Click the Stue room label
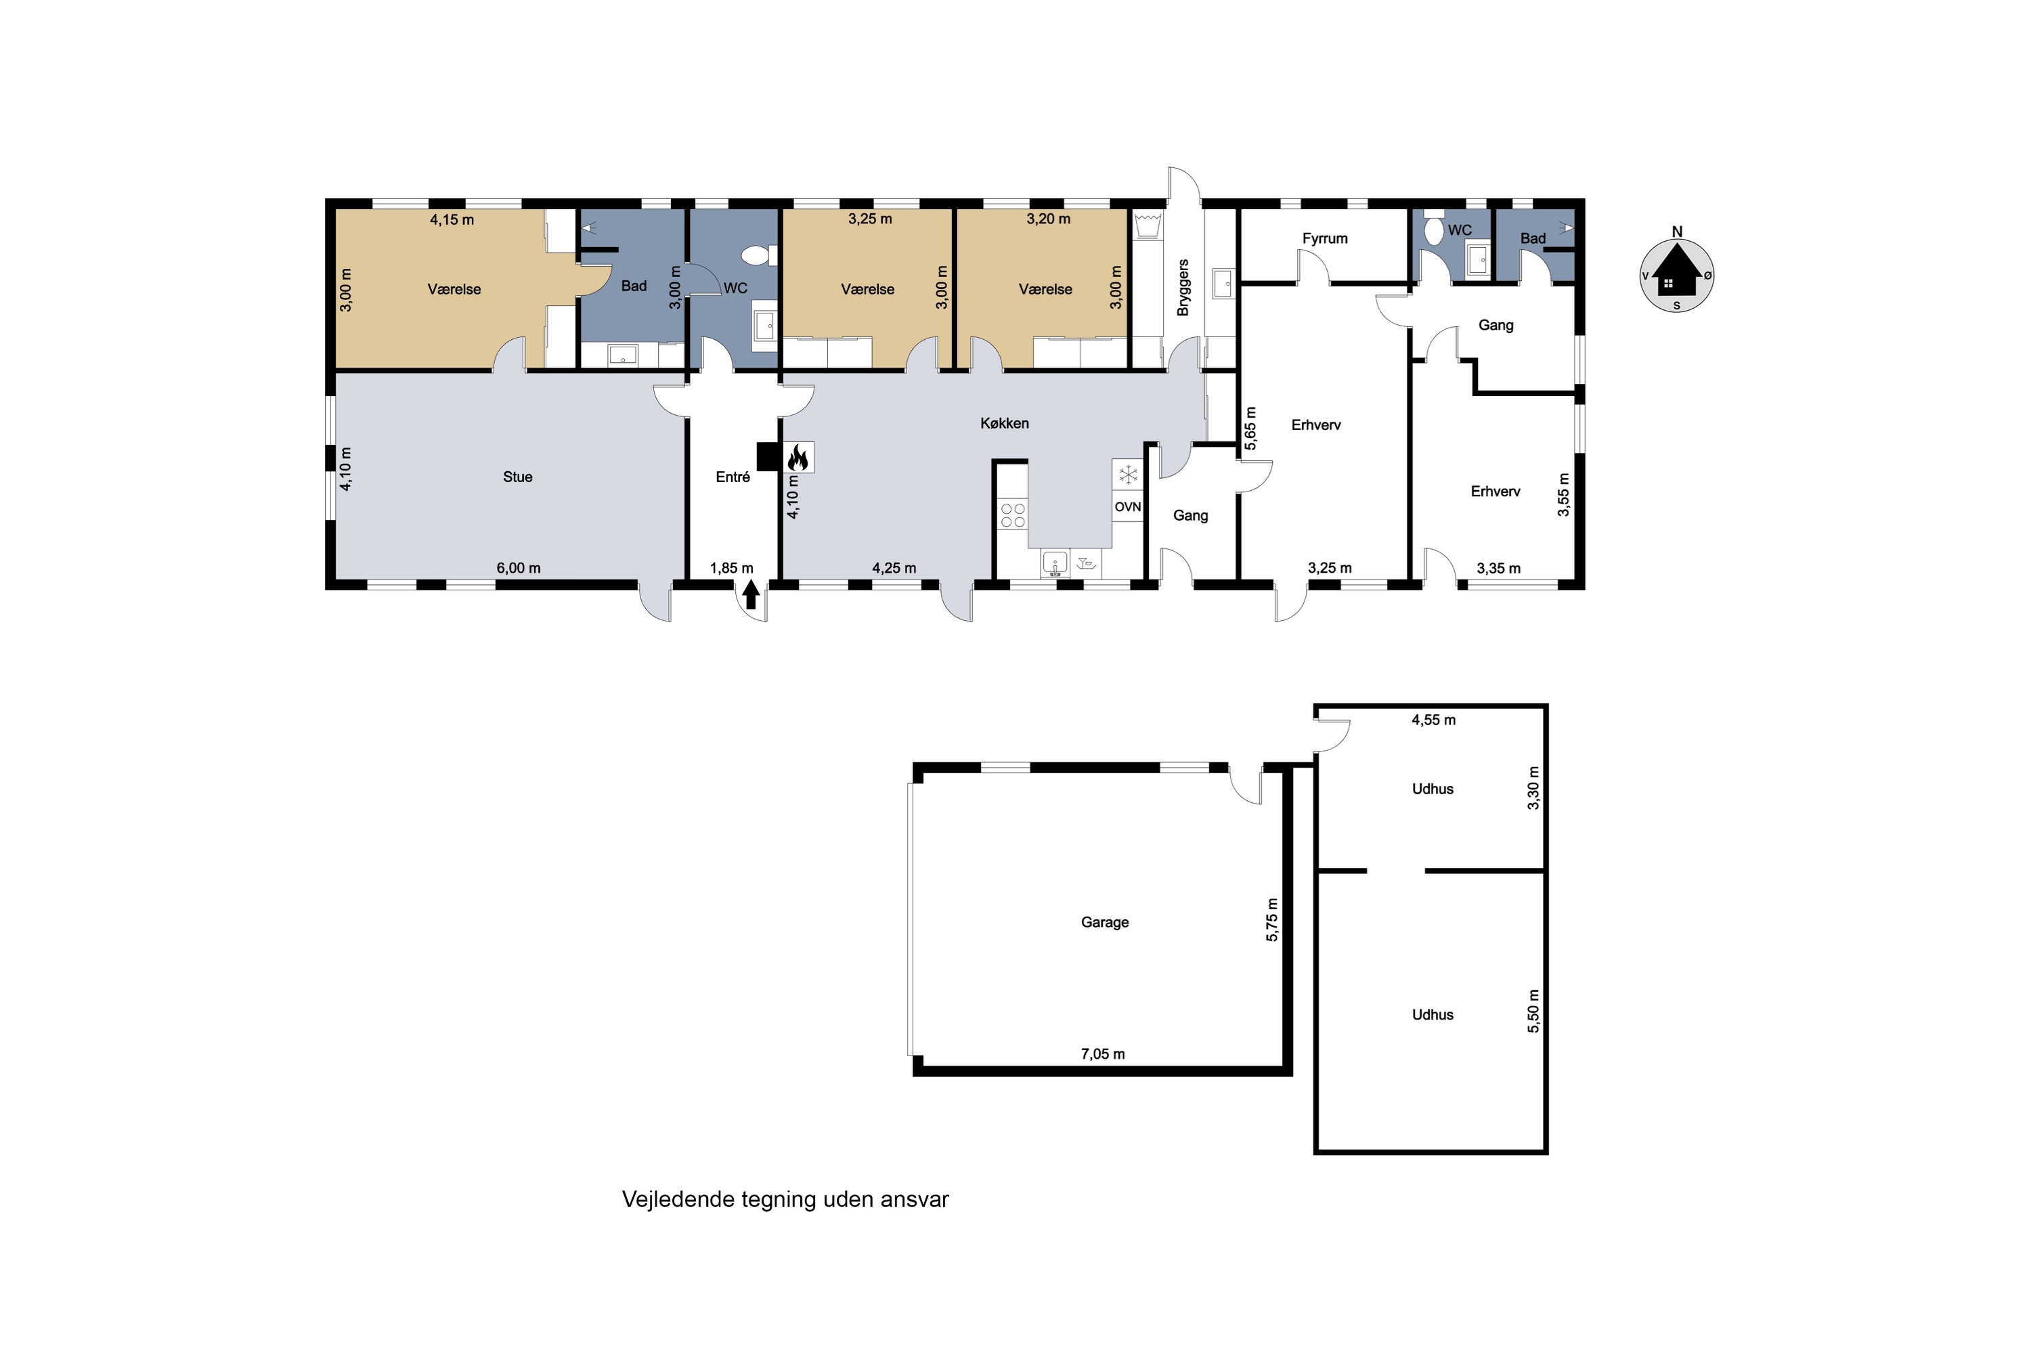coord(517,477)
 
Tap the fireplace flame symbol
coord(798,457)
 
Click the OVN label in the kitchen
coord(1127,507)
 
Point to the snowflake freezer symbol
coord(1127,474)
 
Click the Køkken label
coord(1004,423)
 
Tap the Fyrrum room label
coord(1325,238)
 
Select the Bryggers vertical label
coord(1183,288)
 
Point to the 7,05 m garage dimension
coord(1103,1053)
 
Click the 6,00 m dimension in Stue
coord(518,568)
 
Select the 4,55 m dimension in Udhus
coord(1433,720)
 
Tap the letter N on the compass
coord(1677,232)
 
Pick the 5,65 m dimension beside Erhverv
coord(1250,429)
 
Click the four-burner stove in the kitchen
coord(1012,515)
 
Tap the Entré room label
coord(733,477)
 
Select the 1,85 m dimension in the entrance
coord(731,568)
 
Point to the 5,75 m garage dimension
coord(1272,919)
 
